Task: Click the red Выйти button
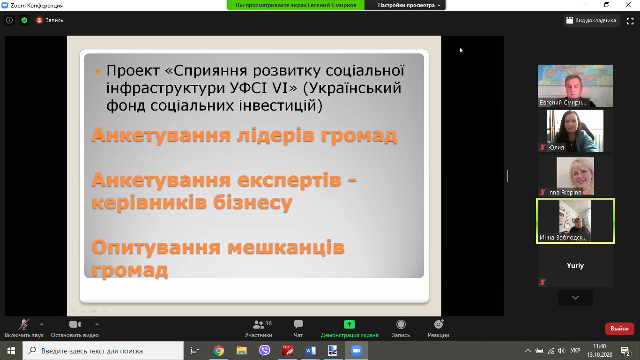click(x=619, y=329)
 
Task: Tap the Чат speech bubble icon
click(x=298, y=324)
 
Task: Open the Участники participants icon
click(x=258, y=324)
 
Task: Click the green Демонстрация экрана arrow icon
click(x=349, y=324)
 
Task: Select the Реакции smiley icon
click(x=439, y=324)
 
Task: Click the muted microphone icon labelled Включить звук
click(x=24, y=324)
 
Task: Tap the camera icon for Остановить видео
click(x=75, y=324)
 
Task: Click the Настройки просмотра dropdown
click(x=409, y=5)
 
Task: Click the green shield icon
click(x=24, y=20)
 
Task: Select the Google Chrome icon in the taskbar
click(x=219, y=351)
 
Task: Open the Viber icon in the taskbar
click(x=265, y=351)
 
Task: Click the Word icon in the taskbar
click(x=310, y=351)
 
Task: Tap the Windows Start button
click(x=11, y=351)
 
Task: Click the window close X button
click(x=628, y=5)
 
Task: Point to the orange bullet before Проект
click(x=98, y=72)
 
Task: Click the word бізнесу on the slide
click(x=253, y=202)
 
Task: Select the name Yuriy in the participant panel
click(x=575, y=266)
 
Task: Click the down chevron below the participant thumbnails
click(x=575, y=297)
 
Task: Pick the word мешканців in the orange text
click(x=286, y=247)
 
